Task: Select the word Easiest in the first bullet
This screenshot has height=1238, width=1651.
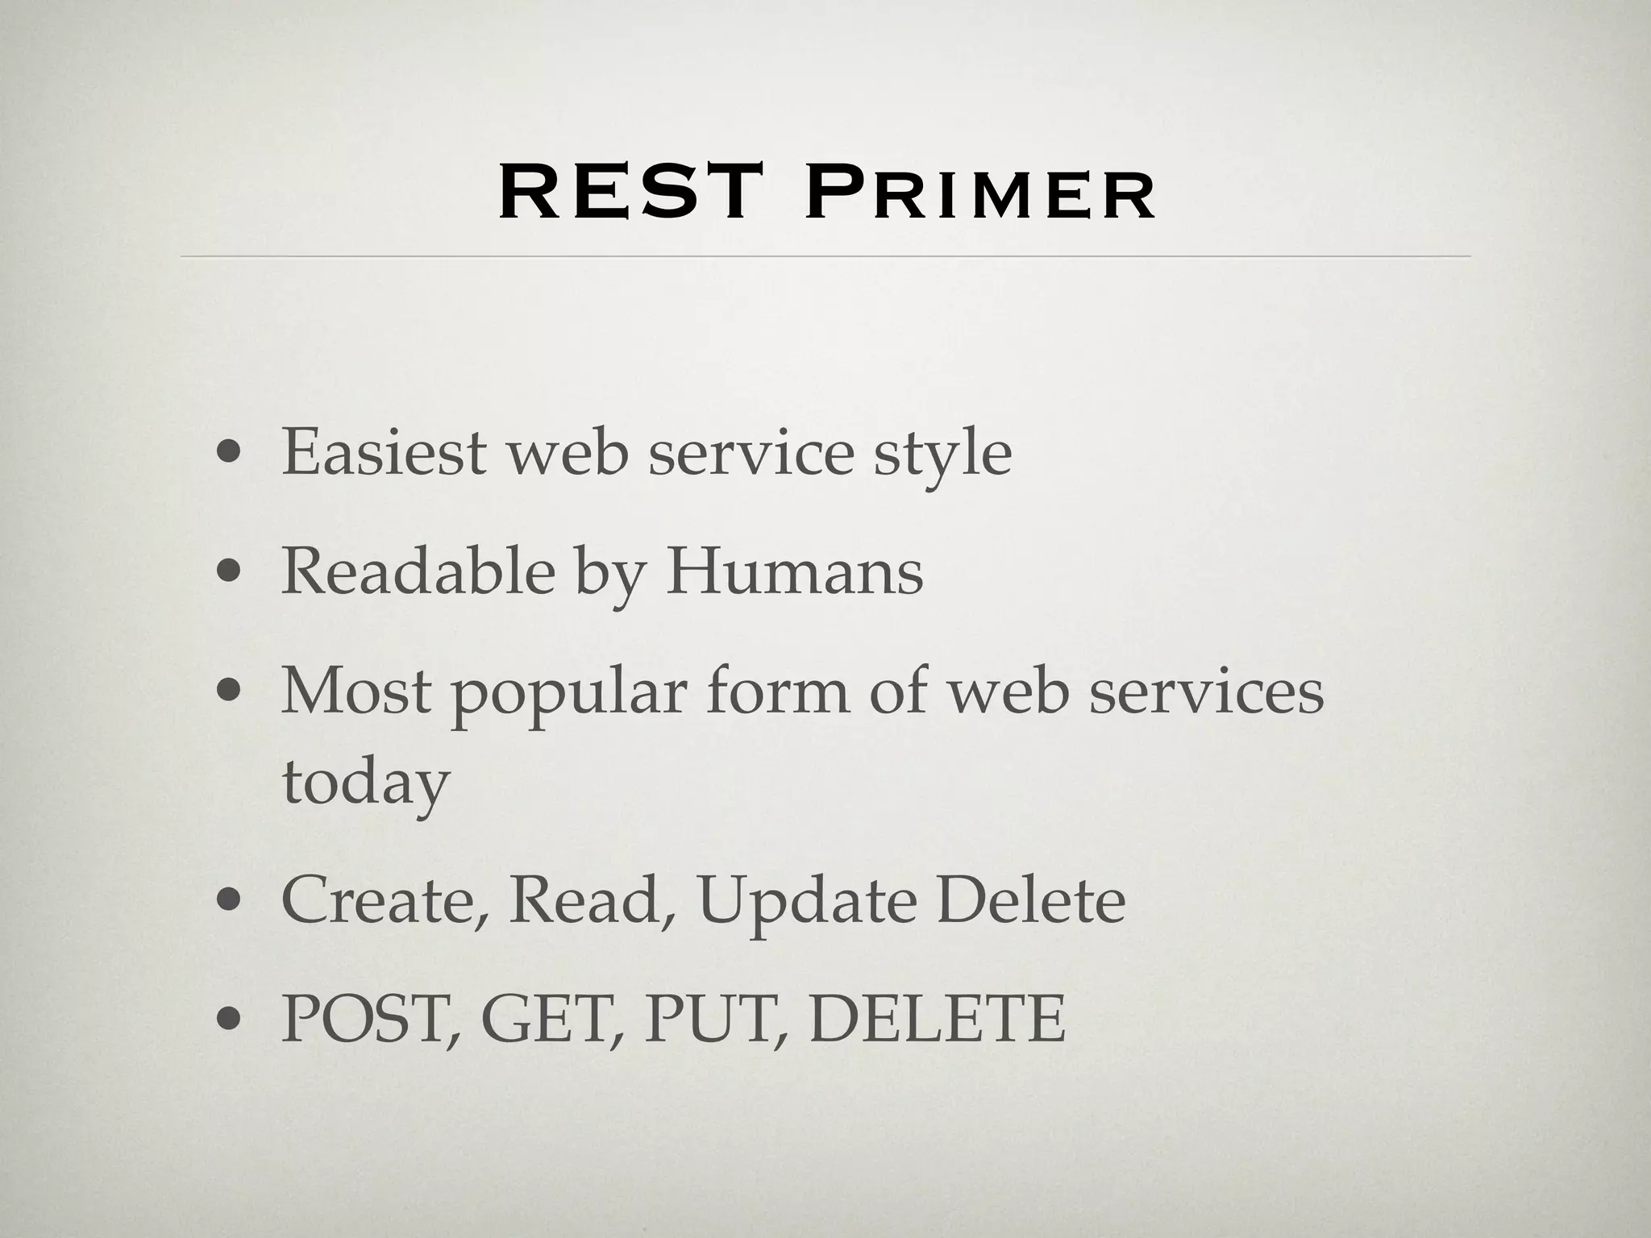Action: [x=384, y=452]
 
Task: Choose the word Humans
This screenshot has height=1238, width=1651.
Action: [x=794, y=571]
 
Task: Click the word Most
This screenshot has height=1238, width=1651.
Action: [x=356, y=691]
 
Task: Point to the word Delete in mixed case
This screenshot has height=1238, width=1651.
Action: [x=1031, y=900]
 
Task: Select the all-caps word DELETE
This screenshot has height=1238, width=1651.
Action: [x=938, y=1019]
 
